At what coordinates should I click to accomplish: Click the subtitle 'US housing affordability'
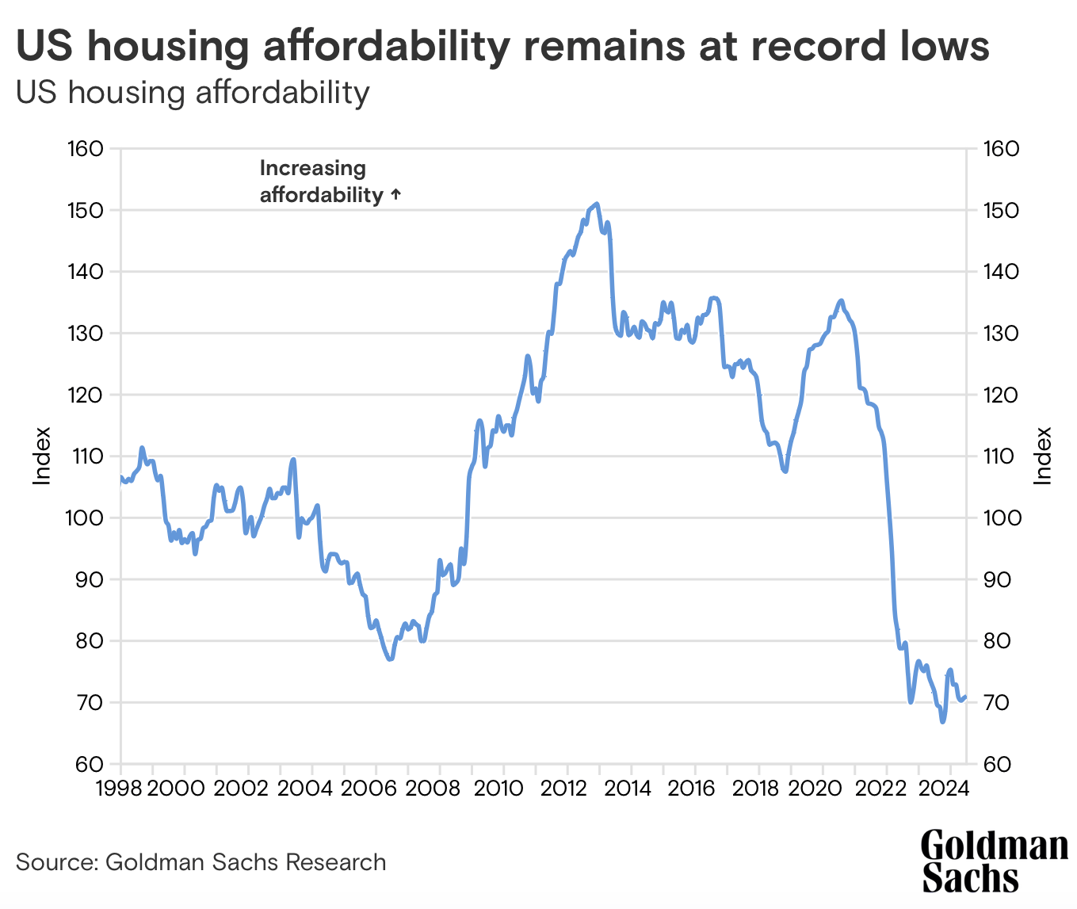pos(193,93)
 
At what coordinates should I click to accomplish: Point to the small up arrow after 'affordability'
pos(396,194)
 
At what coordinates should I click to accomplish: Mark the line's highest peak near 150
pos(597,204)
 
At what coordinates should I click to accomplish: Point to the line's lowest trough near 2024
pos(942,721)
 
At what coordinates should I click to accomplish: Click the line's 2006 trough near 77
pos(390,659)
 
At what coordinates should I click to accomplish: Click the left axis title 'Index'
pos(42,456)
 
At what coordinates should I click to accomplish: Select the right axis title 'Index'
pos(1043,456)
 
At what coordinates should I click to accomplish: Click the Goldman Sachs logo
pos(994,861)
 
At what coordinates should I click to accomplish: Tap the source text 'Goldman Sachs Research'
pos(246,862)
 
